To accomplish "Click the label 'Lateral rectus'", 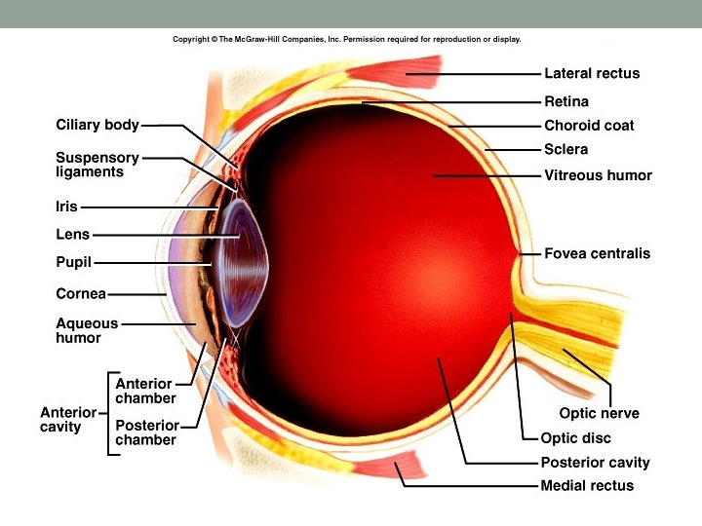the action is (x=592, y=73).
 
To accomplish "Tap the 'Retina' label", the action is (x=565, y=101).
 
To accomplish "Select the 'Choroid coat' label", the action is (x=589, y=126).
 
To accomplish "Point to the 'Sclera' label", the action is (x=565, y=150).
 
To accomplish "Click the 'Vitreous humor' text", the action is (x=598, y=175).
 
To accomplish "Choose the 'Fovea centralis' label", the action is (x=597, y=254).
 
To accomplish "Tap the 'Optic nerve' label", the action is (x=599, y=413).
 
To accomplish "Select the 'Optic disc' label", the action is (x=574, y=438).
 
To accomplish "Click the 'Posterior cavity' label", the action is (x=595, y=463).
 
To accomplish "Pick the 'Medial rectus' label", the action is (x=587, y=485).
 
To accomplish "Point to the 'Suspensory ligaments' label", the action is (x=97, y=164).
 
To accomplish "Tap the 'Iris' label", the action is (x=66, y=207).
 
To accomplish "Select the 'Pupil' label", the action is (x=73, y=262).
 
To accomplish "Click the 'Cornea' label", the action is (x=80, y=293).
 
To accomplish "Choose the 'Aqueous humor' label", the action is (x=87, y=330).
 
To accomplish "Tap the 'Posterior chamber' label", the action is (x=146, y=432).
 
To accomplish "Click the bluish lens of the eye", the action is (x=241, y=262).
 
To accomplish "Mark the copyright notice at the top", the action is (x=347, y=40).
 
